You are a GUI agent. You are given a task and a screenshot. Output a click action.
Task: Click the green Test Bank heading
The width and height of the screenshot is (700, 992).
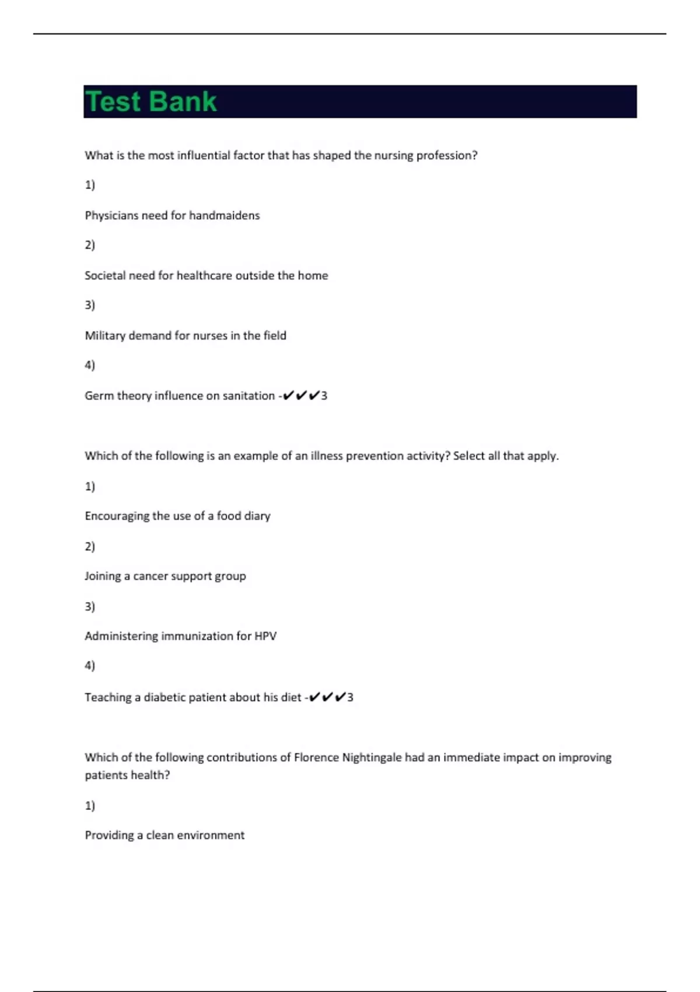pos(151,102)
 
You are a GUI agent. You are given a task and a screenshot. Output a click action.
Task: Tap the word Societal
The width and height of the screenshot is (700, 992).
pos(104,275)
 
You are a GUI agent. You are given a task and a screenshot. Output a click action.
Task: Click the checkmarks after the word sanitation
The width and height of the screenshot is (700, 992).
pos(301,396)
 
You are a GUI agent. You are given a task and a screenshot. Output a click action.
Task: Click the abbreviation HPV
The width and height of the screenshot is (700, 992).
pos(265,636)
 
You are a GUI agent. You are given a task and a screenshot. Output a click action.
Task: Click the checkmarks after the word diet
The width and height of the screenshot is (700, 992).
pos(327,697)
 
